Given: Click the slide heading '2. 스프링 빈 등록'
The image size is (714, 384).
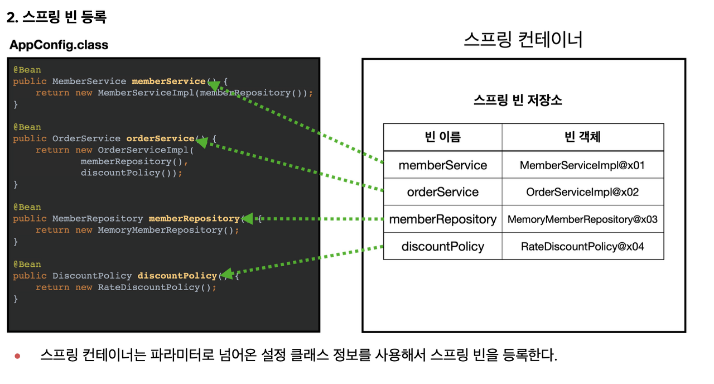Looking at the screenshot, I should pyautogui.click(x=56, y=18).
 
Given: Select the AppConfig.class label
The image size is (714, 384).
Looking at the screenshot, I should pyautogui.click(x=59, y=45).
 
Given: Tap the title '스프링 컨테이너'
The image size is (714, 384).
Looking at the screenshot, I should pyautogui.click(x=523, y=40).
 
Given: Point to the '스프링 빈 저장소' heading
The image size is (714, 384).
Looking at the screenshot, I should pyautogui.click(x=518, y=100).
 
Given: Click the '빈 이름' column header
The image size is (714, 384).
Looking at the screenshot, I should pyautogui.click(x=443, y=137).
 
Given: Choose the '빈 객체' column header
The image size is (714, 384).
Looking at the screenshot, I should pyautogui.click(x=582, y=137).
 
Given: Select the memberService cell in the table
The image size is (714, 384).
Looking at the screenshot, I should pyautogui.click(x=443, y=165).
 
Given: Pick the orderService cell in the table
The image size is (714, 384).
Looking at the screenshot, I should pyautogui.click(x=443, y=192).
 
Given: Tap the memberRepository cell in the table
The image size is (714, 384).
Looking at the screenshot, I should pyautogui.click(x=443, y=219).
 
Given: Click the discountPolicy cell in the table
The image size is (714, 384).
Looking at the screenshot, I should pyautogui.click(x=443, y=247).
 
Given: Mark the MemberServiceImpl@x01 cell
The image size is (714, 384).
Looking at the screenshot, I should pyautogui.click(x=582, y=165).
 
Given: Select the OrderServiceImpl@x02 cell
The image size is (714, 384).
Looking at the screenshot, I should pyautogui.click(x=582, y=192).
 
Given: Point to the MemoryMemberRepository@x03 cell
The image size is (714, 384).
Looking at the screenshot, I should pyautogui.click(x=582, y=219).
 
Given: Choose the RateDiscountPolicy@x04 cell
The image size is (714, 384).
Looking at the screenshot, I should pyautogui.click(x=582, y=247).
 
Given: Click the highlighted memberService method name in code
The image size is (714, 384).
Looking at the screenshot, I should pyautogui.click(x=168, y=81).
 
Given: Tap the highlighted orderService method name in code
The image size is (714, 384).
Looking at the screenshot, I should pyautogui.click(x=160, y=138).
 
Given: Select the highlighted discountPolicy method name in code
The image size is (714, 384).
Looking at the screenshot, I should pyautogui.click(x=177, y=276).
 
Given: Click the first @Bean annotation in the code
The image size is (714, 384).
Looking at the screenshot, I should pyautogui.click(x=27, y=70).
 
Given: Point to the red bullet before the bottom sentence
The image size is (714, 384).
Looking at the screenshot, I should pyautogui.click(x=17, y=356).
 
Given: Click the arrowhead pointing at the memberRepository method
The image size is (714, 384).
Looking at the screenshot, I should pyautogui.click(x=247, y=218).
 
